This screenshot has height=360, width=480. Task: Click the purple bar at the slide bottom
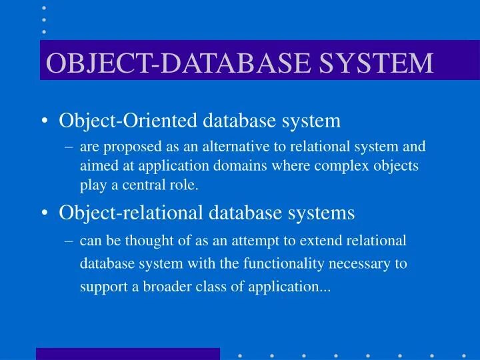click(128, 353)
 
